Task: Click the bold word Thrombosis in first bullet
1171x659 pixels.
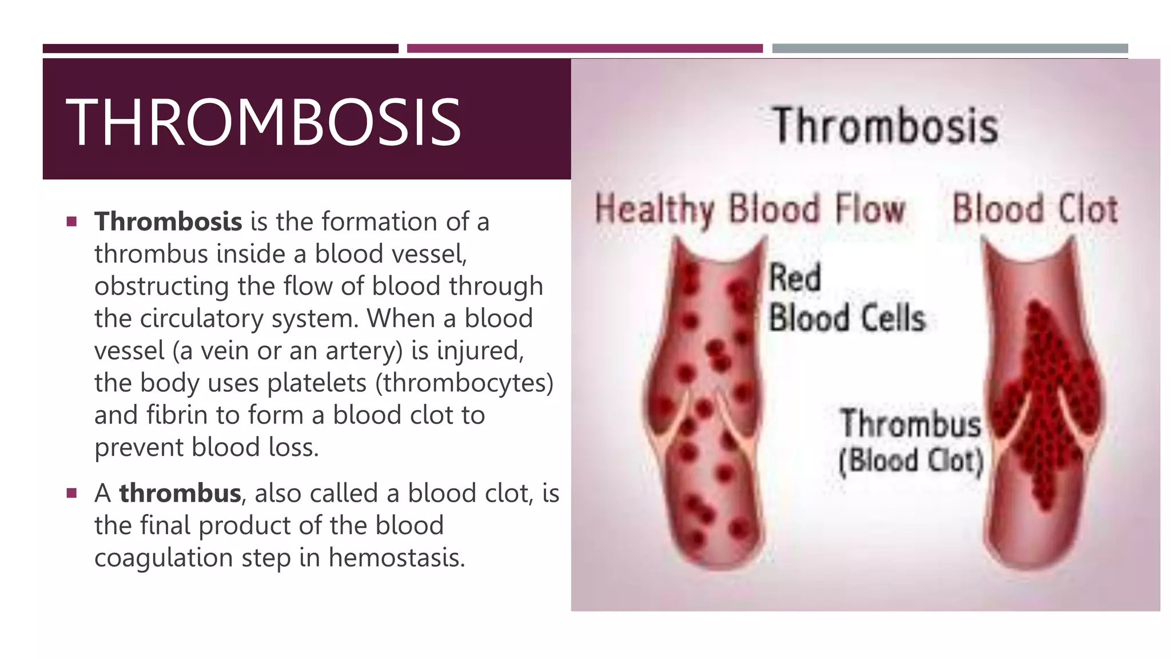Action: pos(168,221)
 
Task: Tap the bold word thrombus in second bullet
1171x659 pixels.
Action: pos(180,493)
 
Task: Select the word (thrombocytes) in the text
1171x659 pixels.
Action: pos(464,383)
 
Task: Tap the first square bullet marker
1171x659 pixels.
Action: pos(71,221)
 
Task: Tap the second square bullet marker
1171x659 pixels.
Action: pos(71,493)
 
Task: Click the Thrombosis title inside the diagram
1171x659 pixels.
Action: pos(885,126)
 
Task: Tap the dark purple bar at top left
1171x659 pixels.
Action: pos(220,49)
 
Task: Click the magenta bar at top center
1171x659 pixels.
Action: pos(584,49)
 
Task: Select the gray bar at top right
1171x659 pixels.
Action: pos(950,49)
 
